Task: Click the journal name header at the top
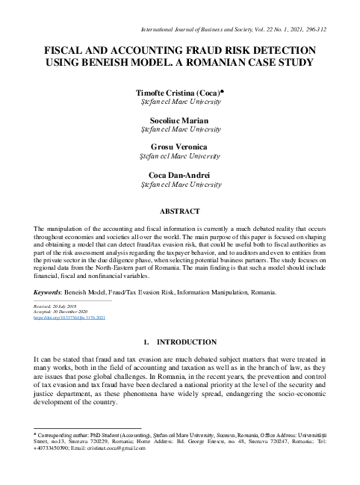pyautogui.click(x=217, y=28)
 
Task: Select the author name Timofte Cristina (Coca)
pyautogui.click(x=179, y=91)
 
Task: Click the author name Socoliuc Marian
pyautogui.click(x=180, y=120)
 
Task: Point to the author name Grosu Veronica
pyautogui.click(x=180, y=147)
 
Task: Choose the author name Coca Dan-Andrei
pyautogui.click(x=180, y=175)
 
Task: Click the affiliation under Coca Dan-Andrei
pyautogui.click(x=180, y=184)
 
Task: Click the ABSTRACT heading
pyautogui.click(x=180, y=211)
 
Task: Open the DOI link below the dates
pyautogui.click(x=69, y=317)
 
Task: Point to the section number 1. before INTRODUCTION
pyautogui.click(x=146, y=342)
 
